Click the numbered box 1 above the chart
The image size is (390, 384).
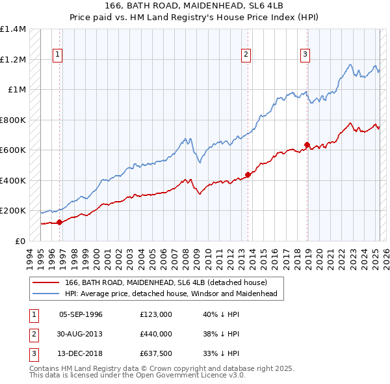[x=58, y=55]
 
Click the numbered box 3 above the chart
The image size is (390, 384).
[x=305, y=55]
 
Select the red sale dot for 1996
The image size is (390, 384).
[x=59, y=222]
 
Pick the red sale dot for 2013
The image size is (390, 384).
[x=248, y=174]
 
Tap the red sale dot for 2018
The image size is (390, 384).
[x=307, y=144]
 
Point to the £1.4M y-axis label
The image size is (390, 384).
[x=13, y=29]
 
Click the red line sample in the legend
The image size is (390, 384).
[x=46, y=282]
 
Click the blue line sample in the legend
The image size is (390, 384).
[x=46, y=294]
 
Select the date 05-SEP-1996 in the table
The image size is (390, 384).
[x=81, y=314]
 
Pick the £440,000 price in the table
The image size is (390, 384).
[x=155, y=335]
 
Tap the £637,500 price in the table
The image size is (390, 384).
[x=155, y=355]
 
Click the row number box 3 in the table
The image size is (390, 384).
[x=33, y=355]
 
